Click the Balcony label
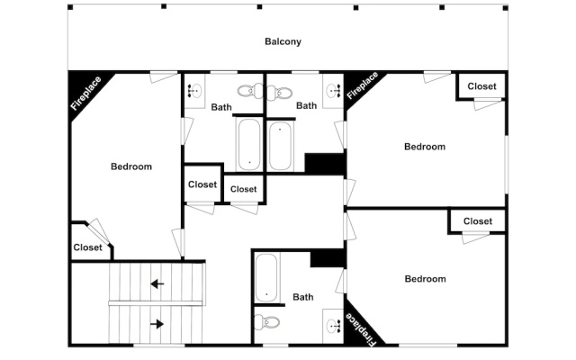283,41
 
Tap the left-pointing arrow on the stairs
157,283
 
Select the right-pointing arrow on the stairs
157,324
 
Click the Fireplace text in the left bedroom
86,93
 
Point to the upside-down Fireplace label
362,329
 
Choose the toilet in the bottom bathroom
266,322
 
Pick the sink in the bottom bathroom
334,326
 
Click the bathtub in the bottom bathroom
266,277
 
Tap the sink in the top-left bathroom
193,90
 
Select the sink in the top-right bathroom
334,90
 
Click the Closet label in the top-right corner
481,86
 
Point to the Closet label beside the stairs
88,247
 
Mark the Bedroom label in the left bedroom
131,166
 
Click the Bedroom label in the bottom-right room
426,279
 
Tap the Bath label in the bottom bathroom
303,297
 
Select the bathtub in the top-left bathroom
249,144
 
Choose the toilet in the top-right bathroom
280,92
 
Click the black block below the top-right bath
325,163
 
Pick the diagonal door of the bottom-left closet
100,230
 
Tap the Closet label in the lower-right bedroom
478,221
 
